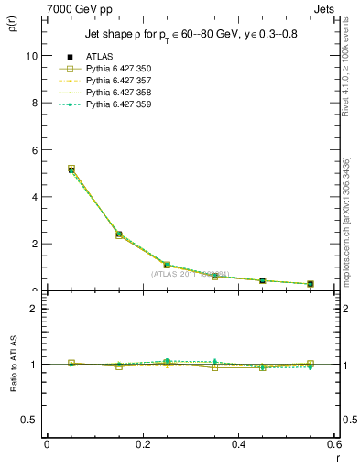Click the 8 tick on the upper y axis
coord(35,103)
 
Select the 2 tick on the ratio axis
coord(35,309)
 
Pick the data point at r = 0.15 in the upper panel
coord(119,234)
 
